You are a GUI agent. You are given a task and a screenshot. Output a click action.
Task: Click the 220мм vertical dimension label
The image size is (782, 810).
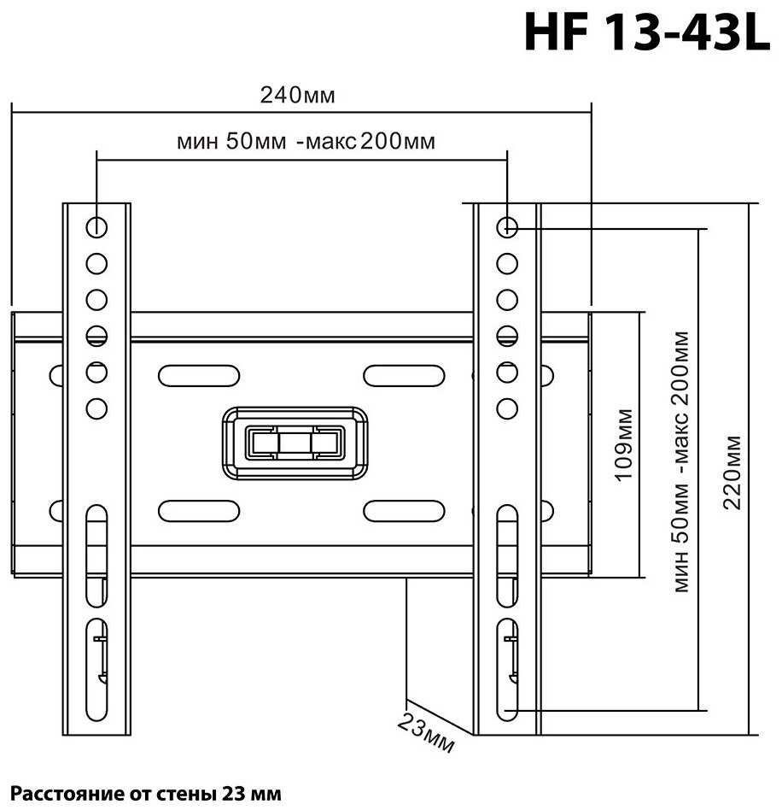[732, 472]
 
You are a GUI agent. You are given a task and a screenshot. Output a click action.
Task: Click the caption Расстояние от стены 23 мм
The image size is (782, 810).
[145, 792]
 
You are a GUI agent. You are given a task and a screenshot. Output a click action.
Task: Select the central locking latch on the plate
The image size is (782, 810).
[295, 443]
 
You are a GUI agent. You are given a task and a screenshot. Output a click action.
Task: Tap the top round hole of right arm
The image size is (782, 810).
[507, 226]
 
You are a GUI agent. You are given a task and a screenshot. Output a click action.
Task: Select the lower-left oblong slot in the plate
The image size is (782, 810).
[198, 510]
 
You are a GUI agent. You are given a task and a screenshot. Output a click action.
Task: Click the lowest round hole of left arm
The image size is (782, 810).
[96, 408]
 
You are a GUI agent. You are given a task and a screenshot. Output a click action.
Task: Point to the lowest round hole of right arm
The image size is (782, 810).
[507, 408]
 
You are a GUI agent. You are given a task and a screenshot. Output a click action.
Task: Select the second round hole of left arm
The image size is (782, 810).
[96, 263]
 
